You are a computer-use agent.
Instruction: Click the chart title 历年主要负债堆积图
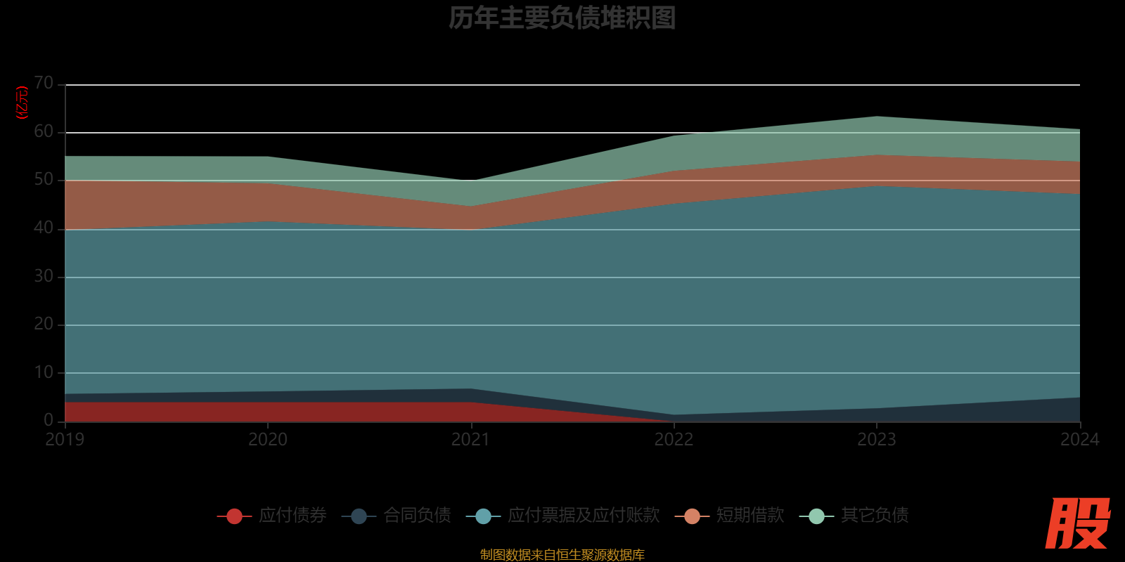coord(562,18)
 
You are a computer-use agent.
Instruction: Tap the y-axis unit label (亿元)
coord(22,103)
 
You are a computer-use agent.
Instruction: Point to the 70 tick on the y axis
coord(44,84)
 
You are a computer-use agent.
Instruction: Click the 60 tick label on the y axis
coord(44,131)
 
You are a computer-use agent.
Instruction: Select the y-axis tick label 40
coord(44,228)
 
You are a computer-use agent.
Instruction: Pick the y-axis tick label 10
coord(44,372)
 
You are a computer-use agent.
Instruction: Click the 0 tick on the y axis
coord(49,420)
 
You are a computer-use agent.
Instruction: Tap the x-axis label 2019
coord(65,440)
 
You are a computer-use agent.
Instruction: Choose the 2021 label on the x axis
coord(470,440)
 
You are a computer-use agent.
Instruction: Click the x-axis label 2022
coord(674,440)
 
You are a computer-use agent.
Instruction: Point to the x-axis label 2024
coord(1079,440)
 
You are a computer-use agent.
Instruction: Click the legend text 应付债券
coord(292,516)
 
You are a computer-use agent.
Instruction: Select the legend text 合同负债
coord(417,516)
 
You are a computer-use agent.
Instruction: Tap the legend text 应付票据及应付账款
coord(584,516)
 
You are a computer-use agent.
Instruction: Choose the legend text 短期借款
coord(750,516)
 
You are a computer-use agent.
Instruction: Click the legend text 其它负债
coord(875,516)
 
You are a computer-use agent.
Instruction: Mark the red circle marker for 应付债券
coord(234,516)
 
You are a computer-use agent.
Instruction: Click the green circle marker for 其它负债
coord(816,516)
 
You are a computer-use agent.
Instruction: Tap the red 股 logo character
coord(1077,524)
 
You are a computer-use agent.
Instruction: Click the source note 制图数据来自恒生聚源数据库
coord(562,555)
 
